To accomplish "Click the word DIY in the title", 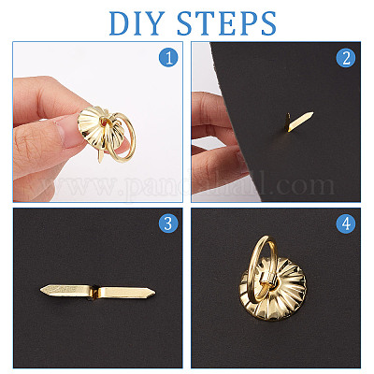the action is [x=137, y=23].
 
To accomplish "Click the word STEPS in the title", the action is [x=226, y=23].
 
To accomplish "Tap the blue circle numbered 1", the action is [x=168, y=57].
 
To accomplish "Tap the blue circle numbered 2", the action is [x=346, y=58].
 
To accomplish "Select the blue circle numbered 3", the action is [x=168, y=223].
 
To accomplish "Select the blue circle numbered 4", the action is [x=346, y=223].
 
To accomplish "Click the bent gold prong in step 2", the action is [x=298, y=121].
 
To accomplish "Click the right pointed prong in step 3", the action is [x=127, y=292].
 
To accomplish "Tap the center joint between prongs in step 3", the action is [x=93, y=292].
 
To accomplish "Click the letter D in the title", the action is [x=120, y=23].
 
